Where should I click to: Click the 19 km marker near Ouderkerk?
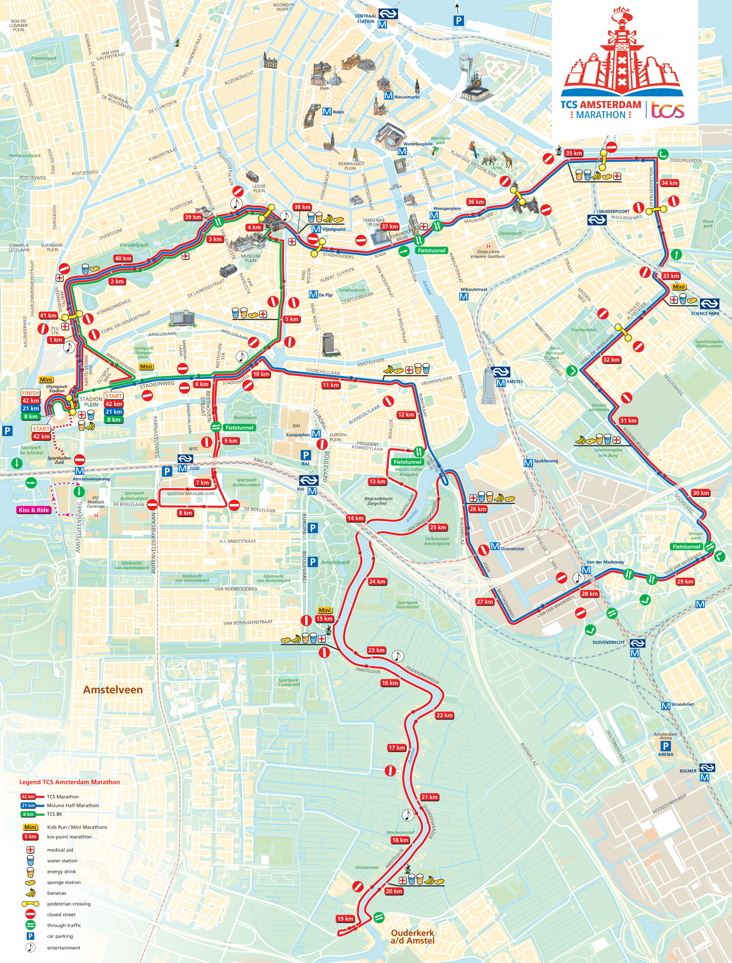pos(345,919)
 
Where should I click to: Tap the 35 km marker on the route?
pos(574,154)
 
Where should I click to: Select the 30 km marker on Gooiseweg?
pos(701,493)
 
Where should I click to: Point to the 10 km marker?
pos(261,374)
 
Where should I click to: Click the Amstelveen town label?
pos(113,690)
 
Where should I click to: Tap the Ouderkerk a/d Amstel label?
pos(412,937)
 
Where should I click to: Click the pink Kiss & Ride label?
pos(34,510)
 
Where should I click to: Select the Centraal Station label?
pos(365,19)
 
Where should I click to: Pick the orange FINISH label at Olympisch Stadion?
pos(30,393)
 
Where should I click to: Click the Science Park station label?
pos(705,313)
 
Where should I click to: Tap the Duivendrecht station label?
pos(608,642)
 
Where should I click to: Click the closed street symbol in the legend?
pos(30,914)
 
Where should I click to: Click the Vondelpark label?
pos(134,245)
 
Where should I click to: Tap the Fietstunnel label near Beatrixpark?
pos(239,428)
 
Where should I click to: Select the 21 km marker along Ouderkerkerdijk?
pos(429,797)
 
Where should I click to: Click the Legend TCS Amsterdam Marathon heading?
pos(69,782)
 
